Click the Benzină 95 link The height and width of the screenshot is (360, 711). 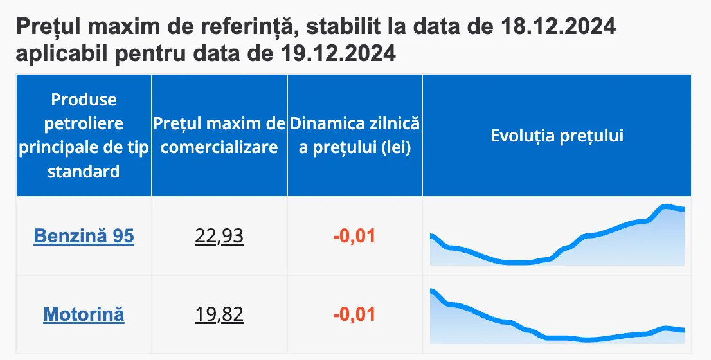click(84, 236)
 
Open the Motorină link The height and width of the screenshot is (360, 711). click(84, 314)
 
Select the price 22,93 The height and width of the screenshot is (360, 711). click(219, 236)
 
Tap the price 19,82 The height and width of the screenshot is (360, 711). click(219, 314)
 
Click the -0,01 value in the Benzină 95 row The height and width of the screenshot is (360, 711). click(354, 236)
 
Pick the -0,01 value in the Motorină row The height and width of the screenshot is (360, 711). click(354, 314)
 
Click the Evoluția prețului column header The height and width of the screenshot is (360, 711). click(557, 136)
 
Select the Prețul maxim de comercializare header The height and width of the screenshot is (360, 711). click(219, 136)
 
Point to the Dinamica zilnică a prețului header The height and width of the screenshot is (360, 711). click(354, 136)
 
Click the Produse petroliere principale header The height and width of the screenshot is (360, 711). click(84, 136)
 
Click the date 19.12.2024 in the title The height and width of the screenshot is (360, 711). click(338, 53)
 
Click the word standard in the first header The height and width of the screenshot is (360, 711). click(84, 172)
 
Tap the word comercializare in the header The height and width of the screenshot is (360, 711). click(219, 147)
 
